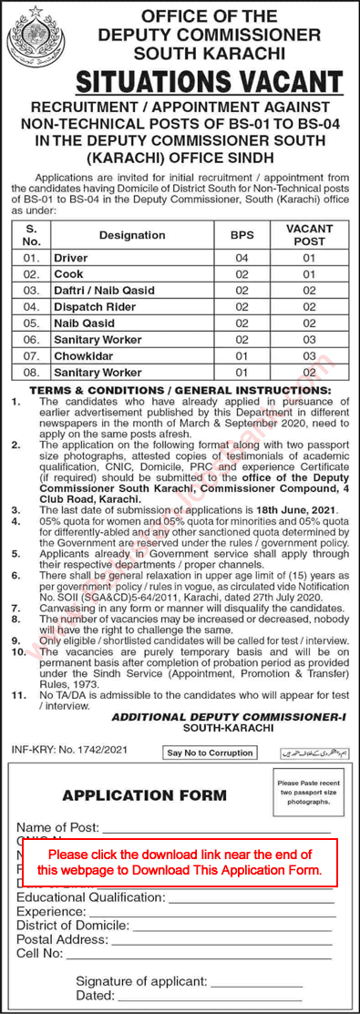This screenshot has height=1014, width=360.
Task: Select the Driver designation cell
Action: pyautogui.click(x=71, y=259)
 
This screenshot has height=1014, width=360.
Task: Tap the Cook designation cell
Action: pyautogui.click(x=67, y=274)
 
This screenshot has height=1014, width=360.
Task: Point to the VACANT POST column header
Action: pyautogui.click(x=309, y=235)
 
